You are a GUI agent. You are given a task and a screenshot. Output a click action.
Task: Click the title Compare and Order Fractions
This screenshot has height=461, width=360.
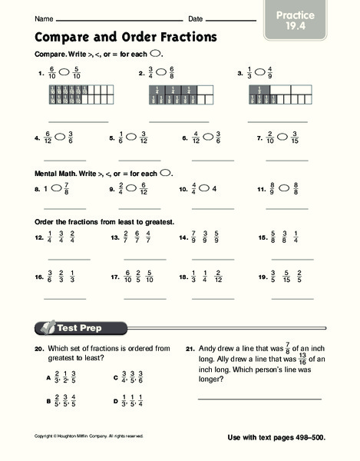[x=126, y=36]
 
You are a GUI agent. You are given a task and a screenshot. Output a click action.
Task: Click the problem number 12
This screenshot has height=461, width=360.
[x=38, y=238]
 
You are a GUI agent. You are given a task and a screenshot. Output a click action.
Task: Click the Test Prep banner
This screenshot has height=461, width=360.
[x=77, y=328]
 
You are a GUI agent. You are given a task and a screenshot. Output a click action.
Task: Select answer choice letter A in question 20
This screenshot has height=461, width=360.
[x=48, y=378]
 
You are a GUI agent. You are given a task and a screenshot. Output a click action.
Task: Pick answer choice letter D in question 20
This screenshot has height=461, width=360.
[x=115, y=400]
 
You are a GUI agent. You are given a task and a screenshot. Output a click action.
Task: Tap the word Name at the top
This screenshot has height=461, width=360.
[x=45, y=18]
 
